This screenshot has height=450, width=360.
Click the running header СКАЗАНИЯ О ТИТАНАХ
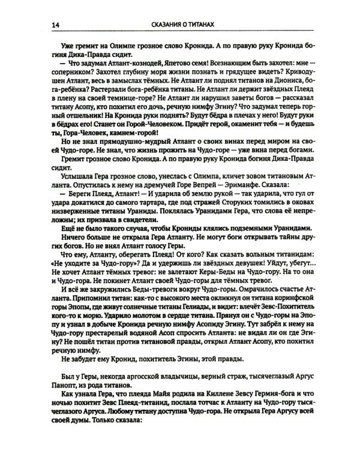179,24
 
